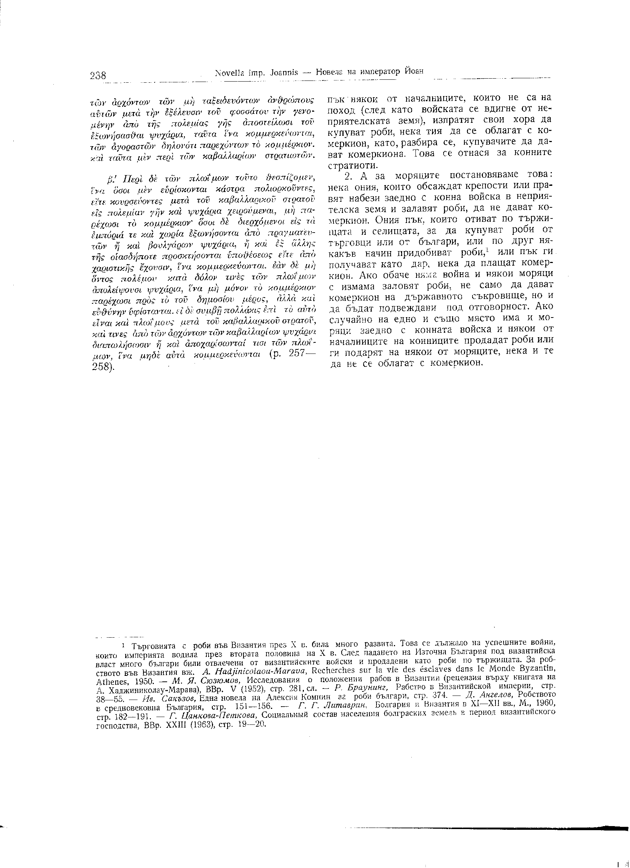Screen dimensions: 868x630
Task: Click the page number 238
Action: [x=98, y=75]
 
